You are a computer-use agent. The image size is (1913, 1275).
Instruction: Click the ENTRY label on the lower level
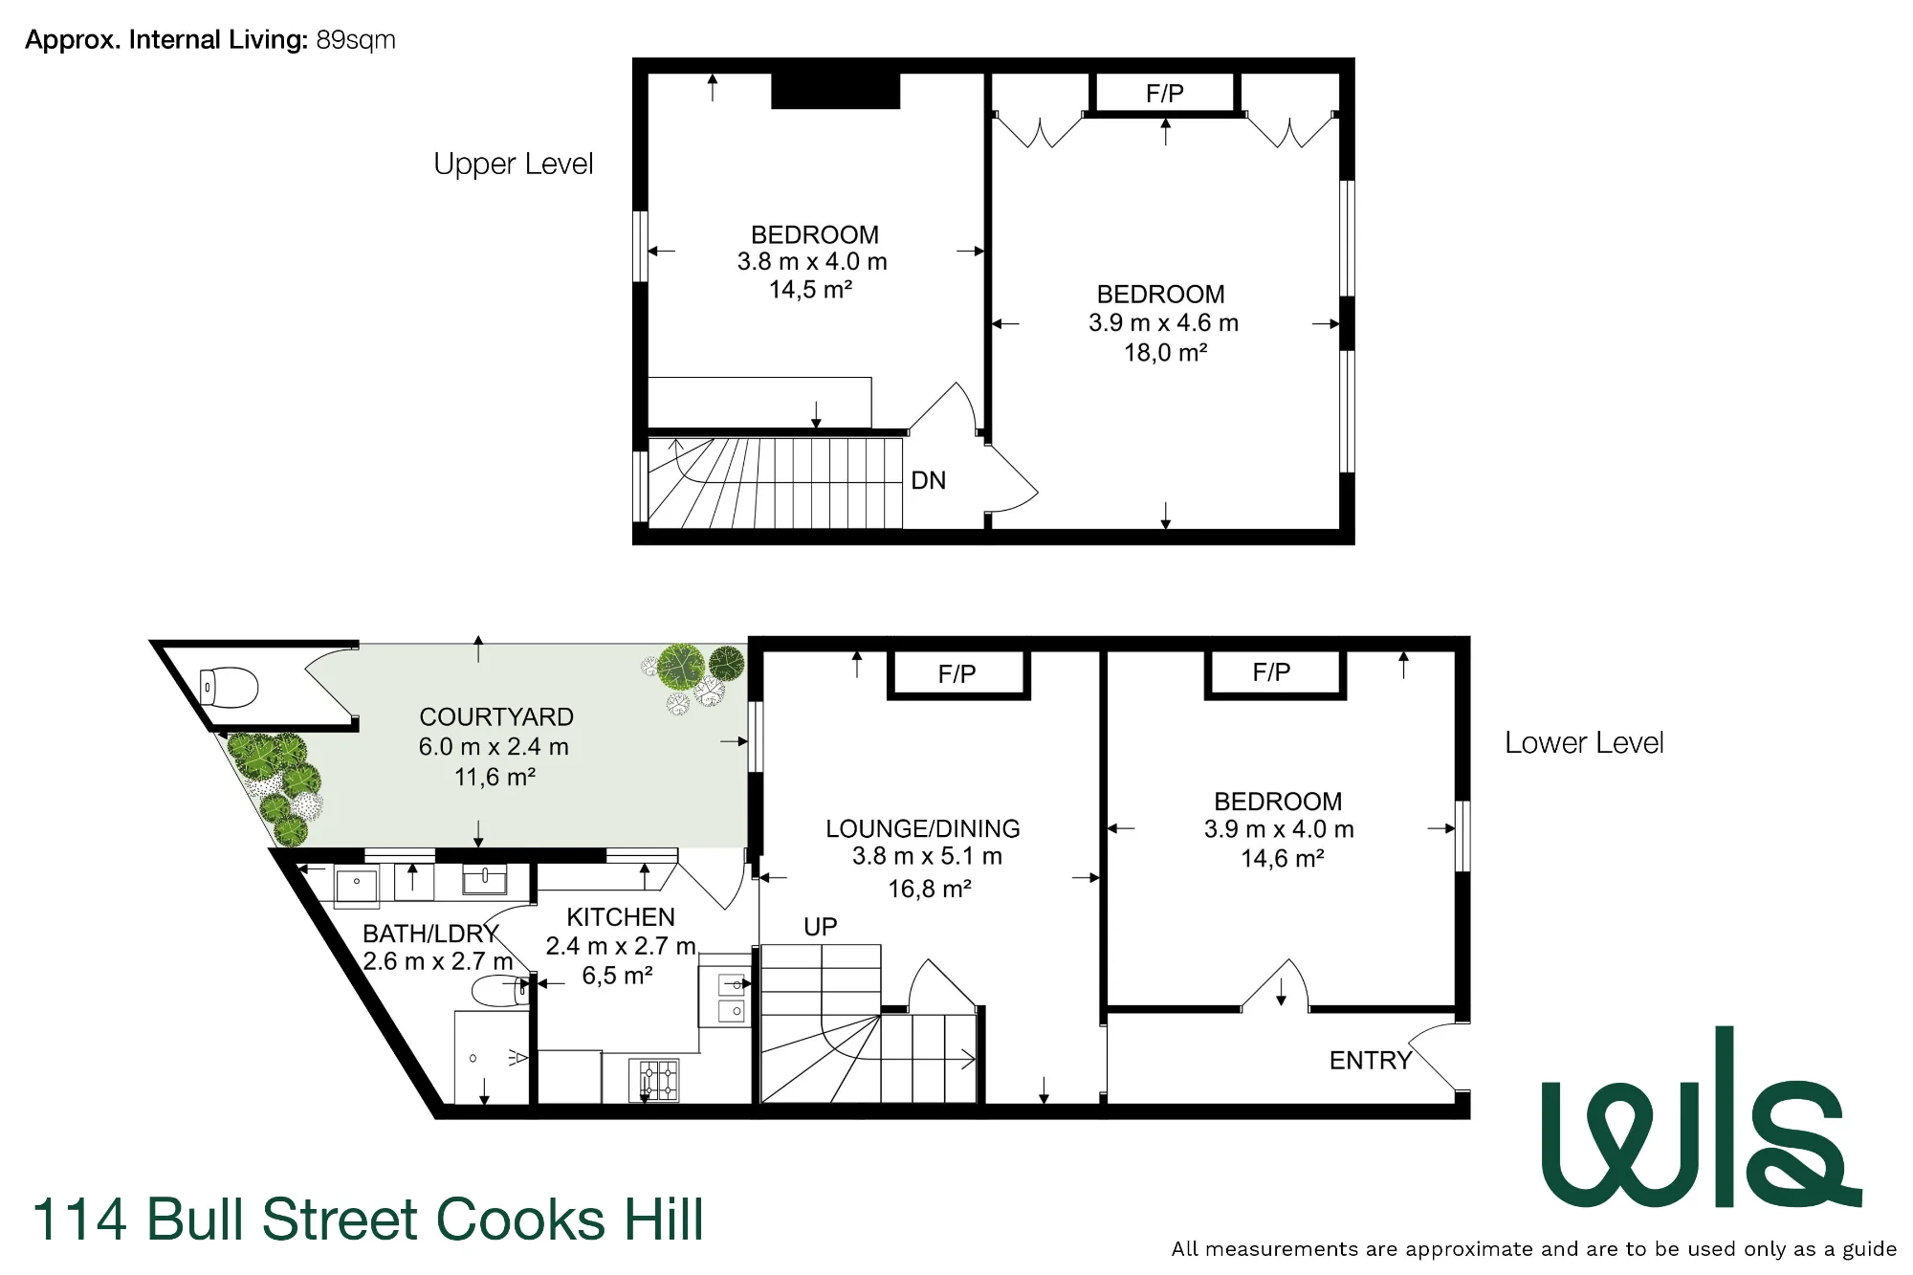pos(1371,1060)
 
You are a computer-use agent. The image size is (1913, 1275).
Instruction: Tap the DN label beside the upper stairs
pos(929,480)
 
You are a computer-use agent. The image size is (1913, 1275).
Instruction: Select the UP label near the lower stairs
pos(821,927)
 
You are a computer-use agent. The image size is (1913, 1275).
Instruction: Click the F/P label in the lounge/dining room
pos(957,674)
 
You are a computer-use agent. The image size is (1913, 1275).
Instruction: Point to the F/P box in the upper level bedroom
pos(1165,94)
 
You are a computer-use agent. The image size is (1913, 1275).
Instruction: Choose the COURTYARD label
pos(496,717)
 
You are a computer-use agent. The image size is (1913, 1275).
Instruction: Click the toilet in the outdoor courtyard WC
pos(229,687)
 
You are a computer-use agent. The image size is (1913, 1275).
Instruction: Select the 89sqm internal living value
pos(356,40)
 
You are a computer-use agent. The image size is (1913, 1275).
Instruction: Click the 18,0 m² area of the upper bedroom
pos(1165,353)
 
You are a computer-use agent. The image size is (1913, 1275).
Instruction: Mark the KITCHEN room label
pos(621,917)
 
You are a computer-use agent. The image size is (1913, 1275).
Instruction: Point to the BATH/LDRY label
pos(431,934)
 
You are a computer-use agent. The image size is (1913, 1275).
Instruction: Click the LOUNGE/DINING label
pos(923,828)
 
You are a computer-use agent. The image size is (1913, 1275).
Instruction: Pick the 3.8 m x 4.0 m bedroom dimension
pos(812,262)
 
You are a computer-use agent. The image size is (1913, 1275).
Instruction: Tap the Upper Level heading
pos(514,165)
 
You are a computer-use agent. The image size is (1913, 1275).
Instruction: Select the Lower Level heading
pos(1584,743)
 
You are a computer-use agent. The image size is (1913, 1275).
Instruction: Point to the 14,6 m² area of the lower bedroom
pos(1283,859)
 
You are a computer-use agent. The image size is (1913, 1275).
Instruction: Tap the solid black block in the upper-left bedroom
pos(836,91)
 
